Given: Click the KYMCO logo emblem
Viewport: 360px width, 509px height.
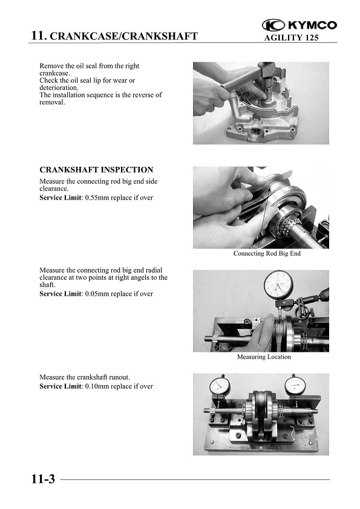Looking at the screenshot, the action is click(x=273, y=25).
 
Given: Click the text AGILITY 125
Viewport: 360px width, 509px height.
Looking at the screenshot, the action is click(x=291, y=37).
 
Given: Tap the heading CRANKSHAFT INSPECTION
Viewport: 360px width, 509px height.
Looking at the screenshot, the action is click(x=96, y=170).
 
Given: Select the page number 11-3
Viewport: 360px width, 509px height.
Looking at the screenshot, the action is click(x=43, y=479).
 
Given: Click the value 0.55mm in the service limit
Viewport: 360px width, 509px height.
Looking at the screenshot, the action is click(x=97, y=198).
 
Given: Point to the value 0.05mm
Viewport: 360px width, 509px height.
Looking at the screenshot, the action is click(x=97, y=294).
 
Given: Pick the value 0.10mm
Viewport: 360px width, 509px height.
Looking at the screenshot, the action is click(x=97, y=386).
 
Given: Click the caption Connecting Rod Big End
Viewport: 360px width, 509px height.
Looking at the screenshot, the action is click(x=267, y=253).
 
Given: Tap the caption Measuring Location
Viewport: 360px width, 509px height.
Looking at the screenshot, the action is click(x=264, y=357).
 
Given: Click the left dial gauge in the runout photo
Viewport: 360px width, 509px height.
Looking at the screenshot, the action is click(x=220, y=387).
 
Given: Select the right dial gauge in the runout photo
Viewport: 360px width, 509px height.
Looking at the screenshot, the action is click(x=295, y=385).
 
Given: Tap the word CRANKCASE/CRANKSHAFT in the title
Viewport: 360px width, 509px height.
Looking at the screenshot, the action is click(x=124, y=36).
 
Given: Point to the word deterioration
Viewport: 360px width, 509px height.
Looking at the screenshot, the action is click(x=59, y=88).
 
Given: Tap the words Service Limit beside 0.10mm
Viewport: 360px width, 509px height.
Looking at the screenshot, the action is click(x=61, y=386).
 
